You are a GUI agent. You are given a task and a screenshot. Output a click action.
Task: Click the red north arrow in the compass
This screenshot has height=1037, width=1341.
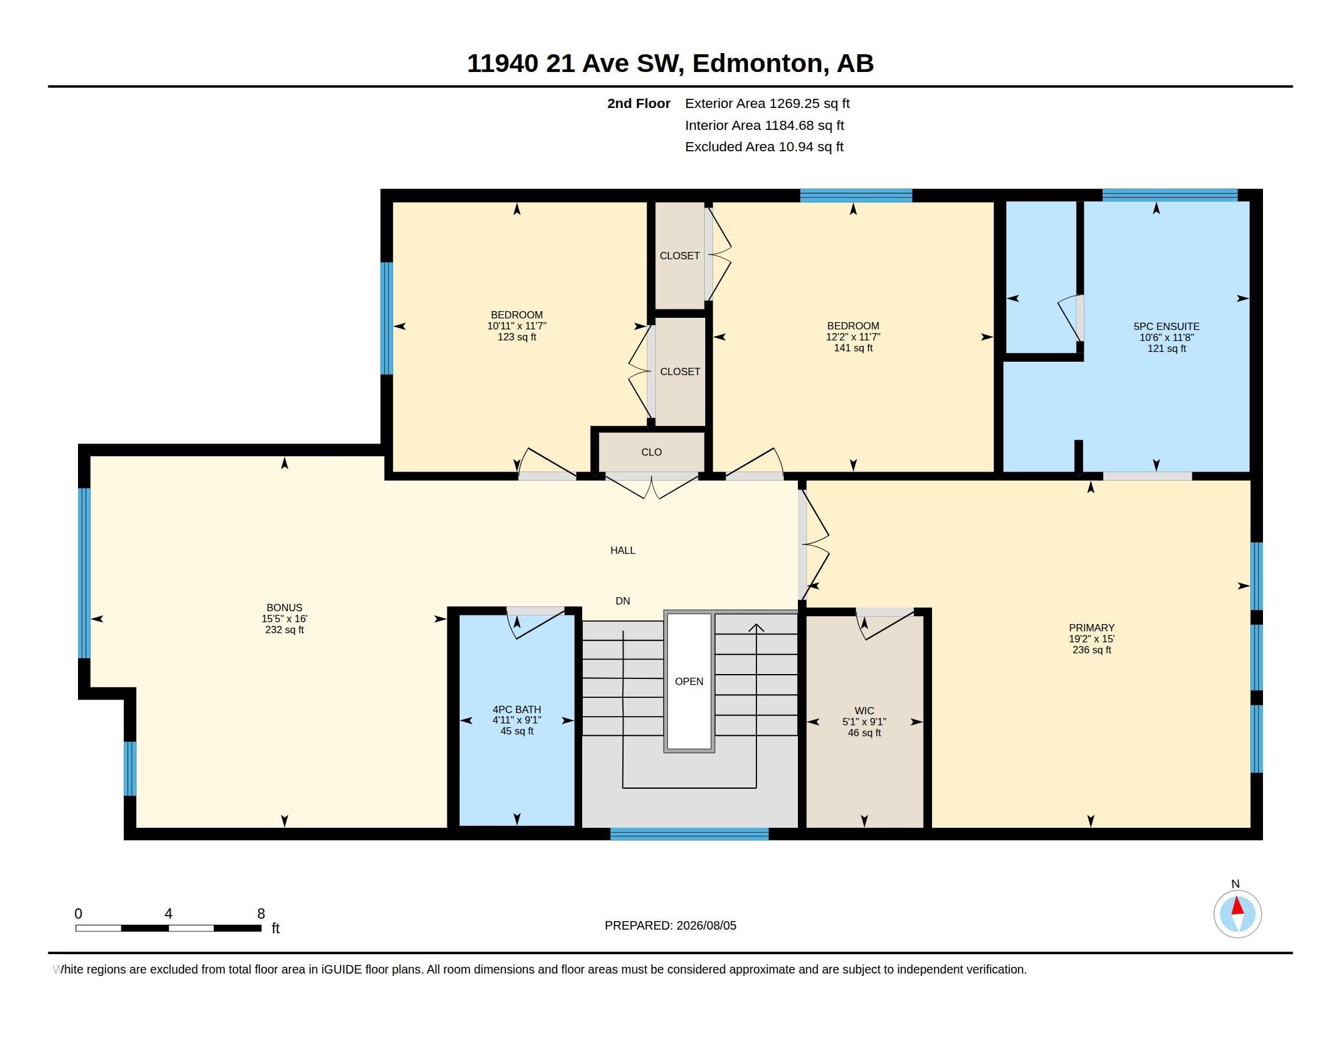coord(1237,906)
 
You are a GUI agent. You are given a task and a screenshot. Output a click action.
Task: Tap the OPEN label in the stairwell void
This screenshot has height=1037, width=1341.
coord(689,681)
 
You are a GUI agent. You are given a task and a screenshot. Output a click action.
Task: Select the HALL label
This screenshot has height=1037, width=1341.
coord(622,550)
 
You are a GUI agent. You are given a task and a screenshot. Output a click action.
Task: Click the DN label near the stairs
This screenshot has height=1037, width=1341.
coord(622,601)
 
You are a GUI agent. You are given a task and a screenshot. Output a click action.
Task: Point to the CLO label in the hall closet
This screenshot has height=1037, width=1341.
coord(652,452)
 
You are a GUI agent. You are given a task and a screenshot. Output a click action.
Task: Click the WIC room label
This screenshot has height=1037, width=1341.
coord(864,711)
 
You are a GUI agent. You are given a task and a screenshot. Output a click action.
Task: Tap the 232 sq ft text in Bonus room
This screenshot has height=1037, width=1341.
coord(284,630)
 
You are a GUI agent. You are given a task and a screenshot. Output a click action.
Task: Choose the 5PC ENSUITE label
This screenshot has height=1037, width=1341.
coord(1167,327)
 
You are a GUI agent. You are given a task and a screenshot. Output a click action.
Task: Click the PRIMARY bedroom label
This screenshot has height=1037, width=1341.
coord(1092,628)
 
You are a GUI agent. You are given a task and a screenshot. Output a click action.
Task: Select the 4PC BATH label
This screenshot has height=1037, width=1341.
coord(517,709)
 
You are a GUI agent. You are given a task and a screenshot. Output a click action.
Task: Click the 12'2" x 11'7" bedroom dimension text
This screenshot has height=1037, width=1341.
coord(853,337)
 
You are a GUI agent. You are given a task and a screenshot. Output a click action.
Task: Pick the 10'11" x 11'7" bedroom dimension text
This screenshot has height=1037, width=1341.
coord(517,326)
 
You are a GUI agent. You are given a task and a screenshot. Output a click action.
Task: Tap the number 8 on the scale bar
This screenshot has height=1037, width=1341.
coord(261,914)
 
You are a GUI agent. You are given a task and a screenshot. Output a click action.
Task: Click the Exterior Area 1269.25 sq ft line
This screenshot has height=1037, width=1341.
coord(767,103)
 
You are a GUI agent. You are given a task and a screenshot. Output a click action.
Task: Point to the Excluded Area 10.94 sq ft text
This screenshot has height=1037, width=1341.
coord(764,147)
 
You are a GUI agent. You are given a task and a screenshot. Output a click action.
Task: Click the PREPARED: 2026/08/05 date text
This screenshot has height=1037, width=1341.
coord(670,925)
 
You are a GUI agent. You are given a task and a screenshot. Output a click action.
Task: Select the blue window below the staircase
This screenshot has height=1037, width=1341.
coord(689,834)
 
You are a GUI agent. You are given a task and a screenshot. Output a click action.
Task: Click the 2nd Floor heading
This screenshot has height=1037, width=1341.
coord(639,103)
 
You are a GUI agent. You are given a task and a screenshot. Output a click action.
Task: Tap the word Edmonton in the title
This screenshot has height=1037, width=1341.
coord(758,63)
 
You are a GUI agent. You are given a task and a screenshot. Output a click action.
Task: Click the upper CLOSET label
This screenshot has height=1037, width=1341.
coord(680,256)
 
